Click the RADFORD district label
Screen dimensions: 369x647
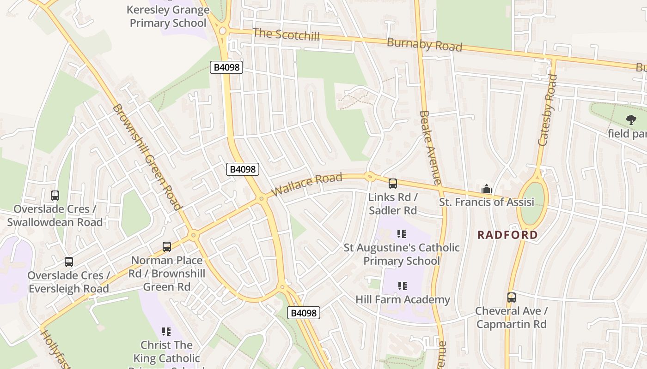(x=507, y=235)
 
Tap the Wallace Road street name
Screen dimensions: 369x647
(x=307, y=184)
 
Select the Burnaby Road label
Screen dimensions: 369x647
(x=424, y=45)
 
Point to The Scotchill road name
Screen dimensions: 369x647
(x=286, y=34)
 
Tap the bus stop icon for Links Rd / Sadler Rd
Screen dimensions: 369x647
(x=393, y=184)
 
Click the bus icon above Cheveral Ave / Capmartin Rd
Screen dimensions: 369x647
(x=511, y=298)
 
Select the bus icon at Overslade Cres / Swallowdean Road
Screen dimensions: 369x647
(x=55, y=196)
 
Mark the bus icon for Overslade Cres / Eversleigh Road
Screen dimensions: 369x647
(x=69, y=262)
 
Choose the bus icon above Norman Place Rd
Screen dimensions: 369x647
(x=167, y=247)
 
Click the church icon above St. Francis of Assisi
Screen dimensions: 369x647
(x=486, y=189)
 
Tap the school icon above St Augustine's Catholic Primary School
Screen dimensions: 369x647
(x=402, y=234)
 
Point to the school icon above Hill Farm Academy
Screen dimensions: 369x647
(x=402, y=286)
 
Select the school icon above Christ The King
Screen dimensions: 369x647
(x=166, y=331)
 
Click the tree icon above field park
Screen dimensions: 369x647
(x=631, y=120)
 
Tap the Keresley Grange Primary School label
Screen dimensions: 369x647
(x=168, y=16)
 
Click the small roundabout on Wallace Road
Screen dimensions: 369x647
(x=369, y=176)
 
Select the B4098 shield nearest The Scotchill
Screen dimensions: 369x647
(x=226, y=67)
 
